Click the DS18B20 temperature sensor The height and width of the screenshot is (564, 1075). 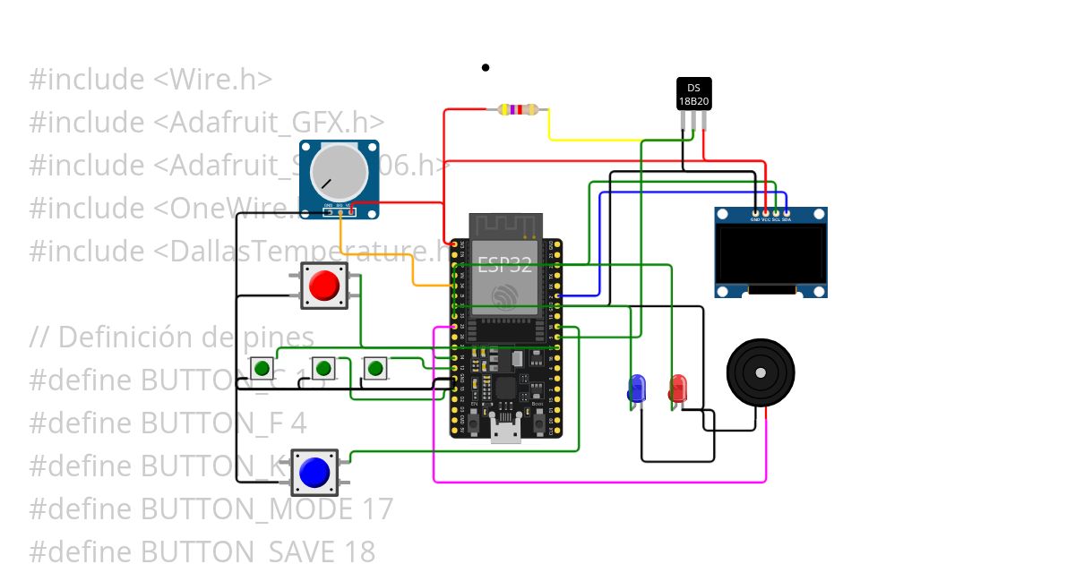[x=693, y=94]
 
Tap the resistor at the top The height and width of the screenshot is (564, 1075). [x=517, y=110]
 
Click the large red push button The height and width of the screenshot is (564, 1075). [x=323, y=286]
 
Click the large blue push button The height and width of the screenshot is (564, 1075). [x=314, y=473]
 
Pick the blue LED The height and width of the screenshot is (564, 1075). [x=637, y=389]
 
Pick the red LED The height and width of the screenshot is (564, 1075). [x=678, y=389]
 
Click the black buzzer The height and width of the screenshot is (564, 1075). [x=761, y=372]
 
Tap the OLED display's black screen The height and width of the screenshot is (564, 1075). [x=770, y=254]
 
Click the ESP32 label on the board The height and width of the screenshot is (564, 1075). [x=503, y=265]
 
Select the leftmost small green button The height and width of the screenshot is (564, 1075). [x=262, y=368]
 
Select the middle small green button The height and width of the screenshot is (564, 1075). [x=324, y=368]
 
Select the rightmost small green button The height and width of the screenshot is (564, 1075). [x=375, y=368]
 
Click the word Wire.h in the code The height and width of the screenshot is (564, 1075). [x=213, y=79]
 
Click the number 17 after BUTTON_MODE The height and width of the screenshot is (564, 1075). [x=377, y=508]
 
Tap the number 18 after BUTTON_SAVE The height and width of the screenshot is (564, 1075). [x=358, y=551]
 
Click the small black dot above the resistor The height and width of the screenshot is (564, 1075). [x=486, y=67]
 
